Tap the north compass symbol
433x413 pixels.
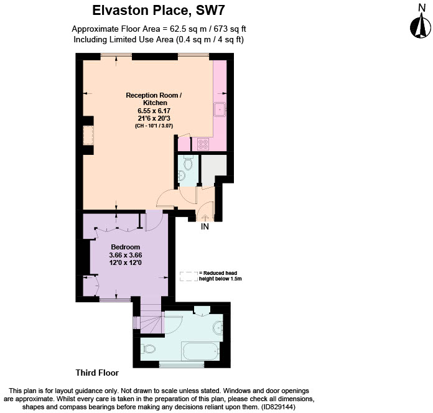(x=420, y=23)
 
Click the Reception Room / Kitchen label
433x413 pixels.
(x=154, y=99)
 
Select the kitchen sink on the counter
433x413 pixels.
(x=220, y=109)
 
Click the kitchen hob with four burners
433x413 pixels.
(x=203, y=144)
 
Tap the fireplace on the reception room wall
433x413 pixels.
(x=88, y=136)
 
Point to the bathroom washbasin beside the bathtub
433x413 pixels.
(x=218, y=327)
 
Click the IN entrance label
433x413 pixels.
(x=204, y=227)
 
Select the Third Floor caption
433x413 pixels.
(x=97, y=373)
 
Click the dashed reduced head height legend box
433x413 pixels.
(x=187, y=276)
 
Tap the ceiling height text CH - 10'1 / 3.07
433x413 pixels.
(x=154, y=126)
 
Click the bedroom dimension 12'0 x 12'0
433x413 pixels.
(x=126, y=263)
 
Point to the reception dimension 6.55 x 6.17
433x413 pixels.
(x=154, y=110)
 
